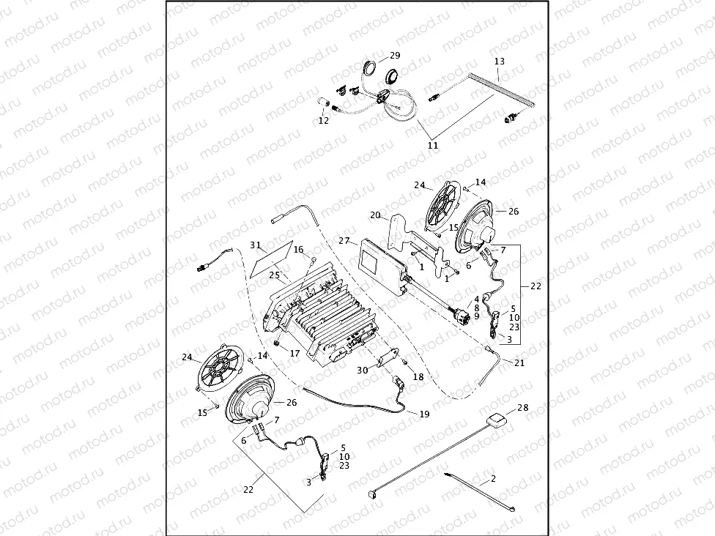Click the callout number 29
(395, 56)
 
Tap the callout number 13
(500, 61)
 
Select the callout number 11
(432, 146)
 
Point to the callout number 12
(323, 121)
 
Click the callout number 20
(375, 215)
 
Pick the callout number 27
(344, 240)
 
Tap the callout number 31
(256, 245)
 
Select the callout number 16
(298, 250)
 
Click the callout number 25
(275, 275)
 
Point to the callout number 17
(294, 353)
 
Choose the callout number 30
(363, 371)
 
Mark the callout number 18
(418, 376)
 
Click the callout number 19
(424, 414)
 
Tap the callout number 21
(519, 362)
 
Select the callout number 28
(522, 407)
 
